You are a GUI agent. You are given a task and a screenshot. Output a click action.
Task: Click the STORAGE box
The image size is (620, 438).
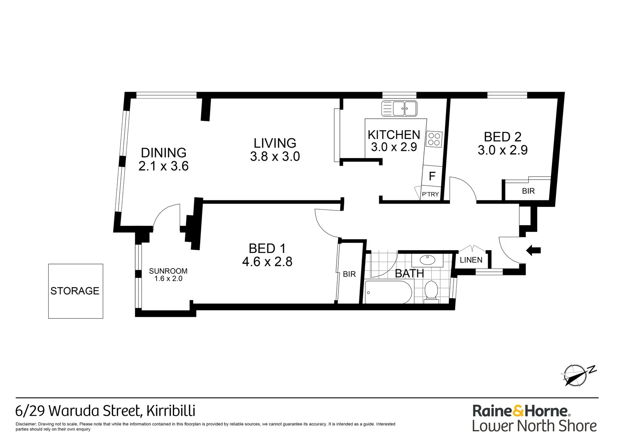[x=75, y=291]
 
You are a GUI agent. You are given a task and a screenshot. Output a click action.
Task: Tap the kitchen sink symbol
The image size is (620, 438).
[x=399, y=108]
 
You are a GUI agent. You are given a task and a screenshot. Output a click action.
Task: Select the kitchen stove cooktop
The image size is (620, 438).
[x=434, y=139]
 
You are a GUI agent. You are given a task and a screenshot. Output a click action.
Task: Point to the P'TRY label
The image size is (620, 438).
[x=430, y=194]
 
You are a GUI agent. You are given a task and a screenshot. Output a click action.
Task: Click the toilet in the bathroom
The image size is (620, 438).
[x=431, y=292]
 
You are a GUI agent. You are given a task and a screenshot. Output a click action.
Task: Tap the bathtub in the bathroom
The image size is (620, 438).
[x=388, y=292]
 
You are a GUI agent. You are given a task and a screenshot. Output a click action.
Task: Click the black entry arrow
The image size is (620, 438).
[x=533, y=250]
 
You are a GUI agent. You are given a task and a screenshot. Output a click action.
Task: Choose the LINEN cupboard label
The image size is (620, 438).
[x=471, y=260]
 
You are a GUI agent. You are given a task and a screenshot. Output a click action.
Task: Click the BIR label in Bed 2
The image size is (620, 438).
[x=528, y=191]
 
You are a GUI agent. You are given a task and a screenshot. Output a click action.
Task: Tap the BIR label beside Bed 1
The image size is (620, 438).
[x=349, y=274]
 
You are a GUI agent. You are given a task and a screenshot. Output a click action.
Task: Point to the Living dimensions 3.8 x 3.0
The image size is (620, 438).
[x=275, y=157]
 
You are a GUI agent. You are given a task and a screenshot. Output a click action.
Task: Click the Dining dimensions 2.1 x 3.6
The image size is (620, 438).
[x=164, y=166]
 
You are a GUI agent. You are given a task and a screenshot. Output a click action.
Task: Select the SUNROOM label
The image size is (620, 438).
[x=168, y=271]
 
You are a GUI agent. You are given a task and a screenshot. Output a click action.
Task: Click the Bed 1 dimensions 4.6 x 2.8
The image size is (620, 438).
[x=267, y=262]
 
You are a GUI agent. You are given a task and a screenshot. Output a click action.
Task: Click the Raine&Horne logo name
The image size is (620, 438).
[x=521, y=411]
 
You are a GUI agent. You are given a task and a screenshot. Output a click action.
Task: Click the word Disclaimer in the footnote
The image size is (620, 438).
[x=26, y=424]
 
